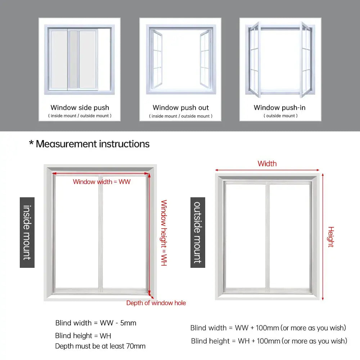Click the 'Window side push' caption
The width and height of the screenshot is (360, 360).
80,107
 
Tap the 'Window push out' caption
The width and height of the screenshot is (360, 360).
180,107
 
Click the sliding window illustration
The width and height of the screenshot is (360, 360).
79,59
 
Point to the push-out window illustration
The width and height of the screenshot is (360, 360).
180,59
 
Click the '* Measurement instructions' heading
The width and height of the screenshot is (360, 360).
89,144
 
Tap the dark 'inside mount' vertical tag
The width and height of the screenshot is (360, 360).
27,232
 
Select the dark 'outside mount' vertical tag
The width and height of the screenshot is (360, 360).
198,232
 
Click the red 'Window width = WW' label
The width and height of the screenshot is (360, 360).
102,182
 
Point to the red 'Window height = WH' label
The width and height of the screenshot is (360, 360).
164,233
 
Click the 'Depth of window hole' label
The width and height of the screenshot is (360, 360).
156,303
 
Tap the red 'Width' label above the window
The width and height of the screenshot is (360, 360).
267,164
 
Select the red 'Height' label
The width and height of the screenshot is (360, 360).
331,237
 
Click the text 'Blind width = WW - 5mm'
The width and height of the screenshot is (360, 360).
96,323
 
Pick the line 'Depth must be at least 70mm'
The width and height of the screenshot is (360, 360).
100,346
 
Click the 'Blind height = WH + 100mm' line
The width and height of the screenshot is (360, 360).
269,341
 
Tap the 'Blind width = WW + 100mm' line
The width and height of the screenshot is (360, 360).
268,328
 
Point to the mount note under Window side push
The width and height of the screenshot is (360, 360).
80,116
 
